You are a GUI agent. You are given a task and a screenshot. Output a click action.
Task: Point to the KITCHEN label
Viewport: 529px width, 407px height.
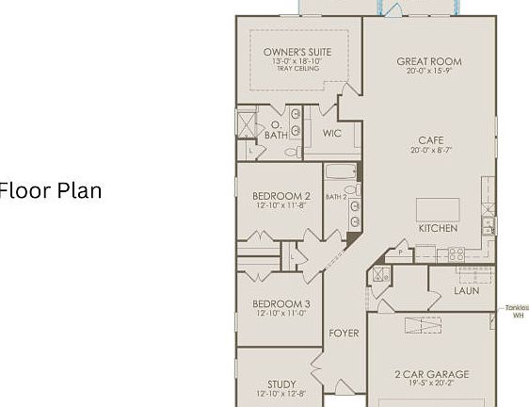pyautogui.click(x=438, y=228)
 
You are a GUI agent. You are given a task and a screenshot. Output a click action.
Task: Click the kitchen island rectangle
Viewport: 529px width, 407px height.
pyautogui.click(x=438, y=209)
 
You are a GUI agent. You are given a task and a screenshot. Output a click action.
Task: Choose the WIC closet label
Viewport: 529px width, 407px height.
pyautogui.click(x=331, y=134)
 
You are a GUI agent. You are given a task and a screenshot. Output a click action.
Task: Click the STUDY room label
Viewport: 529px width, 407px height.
pyautogui.click(x=281, y=383)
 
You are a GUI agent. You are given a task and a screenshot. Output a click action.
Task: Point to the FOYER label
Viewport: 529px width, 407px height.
pyautogui.click(x=344, y=334)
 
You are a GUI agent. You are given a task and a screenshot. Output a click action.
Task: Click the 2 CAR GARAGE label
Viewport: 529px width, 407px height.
pyautogui.click(x=431, y=374)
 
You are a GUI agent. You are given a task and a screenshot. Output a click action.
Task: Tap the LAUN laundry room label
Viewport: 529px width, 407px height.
pyautogui.click(x=466, y=291)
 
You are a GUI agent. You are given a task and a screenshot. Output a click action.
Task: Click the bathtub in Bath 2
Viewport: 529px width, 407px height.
pyautogui.click(x=341, y=172)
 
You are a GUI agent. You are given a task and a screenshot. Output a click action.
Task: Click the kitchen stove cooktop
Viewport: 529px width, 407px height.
pyautogui.click(x=455, y=253)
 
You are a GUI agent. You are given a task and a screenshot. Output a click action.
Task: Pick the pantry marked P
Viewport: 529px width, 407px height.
pyautogui.click(x=401, y=252)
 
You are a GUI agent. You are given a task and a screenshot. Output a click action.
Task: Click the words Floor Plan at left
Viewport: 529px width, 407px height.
pyautogui.click(x=51, y=191)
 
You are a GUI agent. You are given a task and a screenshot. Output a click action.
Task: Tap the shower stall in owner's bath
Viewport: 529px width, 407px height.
pyautogui.click(x=247, y=123)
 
